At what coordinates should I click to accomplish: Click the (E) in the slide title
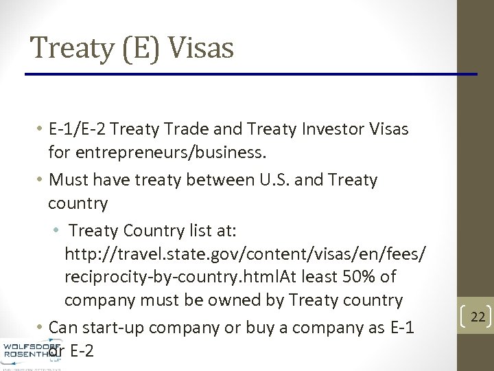pyautogui.click(x=138, y=48)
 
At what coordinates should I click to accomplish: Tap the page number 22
pyautogui.click(x=478, y=317)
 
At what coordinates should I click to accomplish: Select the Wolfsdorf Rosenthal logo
pyautogui.click(x=32, y=352)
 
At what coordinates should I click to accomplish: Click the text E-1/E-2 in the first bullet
pyautogui.click(x=78, y=128)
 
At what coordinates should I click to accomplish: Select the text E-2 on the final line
pyautogui.click(x=82, y=350)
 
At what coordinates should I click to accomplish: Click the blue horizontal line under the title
pyautogui.click(x=250, y=74)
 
